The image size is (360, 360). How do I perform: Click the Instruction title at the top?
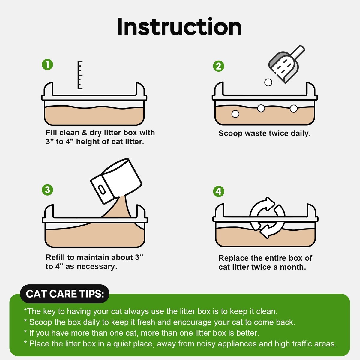tap(179, 27)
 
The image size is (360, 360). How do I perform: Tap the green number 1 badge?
tap(47, 64)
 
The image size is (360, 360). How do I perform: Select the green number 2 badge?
tap(219, 66)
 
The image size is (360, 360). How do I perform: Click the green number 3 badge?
tap(47, 190)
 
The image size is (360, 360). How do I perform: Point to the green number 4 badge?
tap(219, 191)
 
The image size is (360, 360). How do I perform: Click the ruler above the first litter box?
tap(80, 75)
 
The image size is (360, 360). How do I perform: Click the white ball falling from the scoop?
tap(268, 82)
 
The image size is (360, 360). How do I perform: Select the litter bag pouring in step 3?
tap(116, 181)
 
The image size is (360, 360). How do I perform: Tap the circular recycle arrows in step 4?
tap(267, 218)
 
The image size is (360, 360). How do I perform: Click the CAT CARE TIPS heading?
tap(65, 294)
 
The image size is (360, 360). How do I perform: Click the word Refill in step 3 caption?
tap(55, 257)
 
